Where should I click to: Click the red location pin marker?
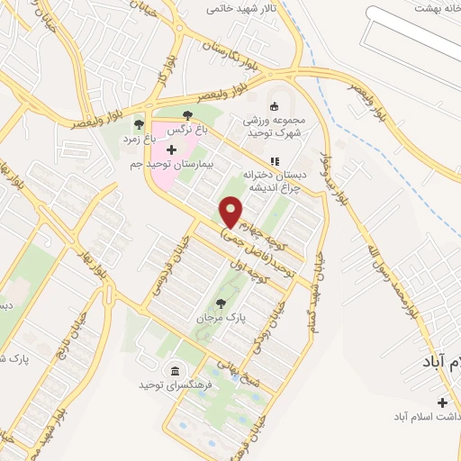[x=232, y=212]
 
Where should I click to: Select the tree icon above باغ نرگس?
[x=187, y=115]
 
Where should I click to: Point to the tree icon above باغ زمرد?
[x=138, y=124]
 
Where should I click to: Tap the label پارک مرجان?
[x=220, y=319]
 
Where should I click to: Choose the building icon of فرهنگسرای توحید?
[x=174, y=370]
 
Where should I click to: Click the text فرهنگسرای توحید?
[x=174, y=384]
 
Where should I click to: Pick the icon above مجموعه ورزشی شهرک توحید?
[x=276, y=102]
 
